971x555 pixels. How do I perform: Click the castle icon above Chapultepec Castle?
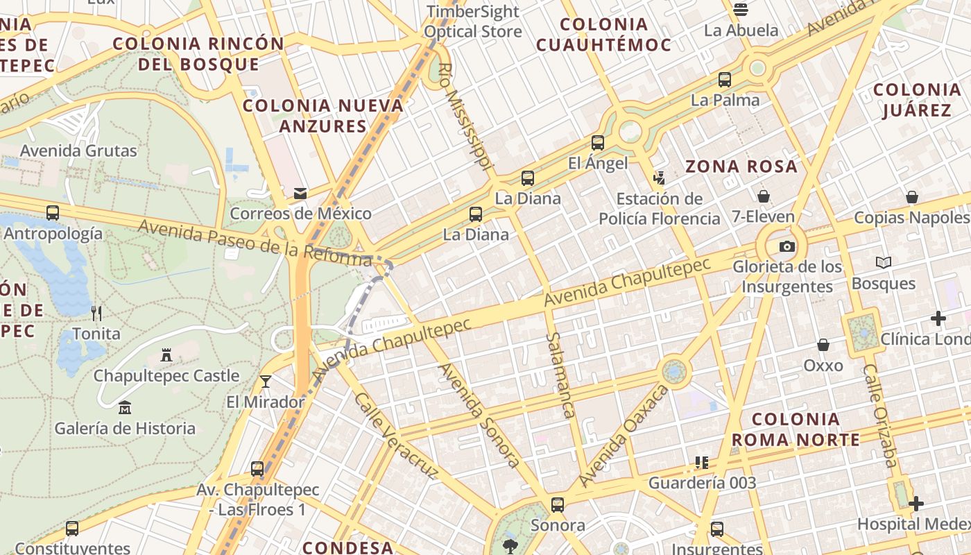click(x=166, y=355)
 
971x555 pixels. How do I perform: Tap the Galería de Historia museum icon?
click(x=125, y=407)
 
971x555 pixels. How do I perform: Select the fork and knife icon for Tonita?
click(x=96, y=314)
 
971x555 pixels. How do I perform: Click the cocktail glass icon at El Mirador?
click(x=265, y=381)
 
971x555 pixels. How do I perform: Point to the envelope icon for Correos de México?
click(x=300, y=193)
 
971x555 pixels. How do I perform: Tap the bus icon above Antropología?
click(x=53, y=212)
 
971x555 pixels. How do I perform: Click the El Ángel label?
click(x=597, y=163)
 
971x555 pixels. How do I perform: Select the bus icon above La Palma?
click(x=725, y=80)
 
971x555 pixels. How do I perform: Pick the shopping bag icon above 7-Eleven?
click(x=764, y=196)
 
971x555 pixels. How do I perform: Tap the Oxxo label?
click(x=823, y=365)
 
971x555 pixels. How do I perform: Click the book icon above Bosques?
click(x=884, y=262)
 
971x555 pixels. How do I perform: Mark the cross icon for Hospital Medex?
click(x=916, y=504)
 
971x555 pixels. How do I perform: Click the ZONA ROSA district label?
click(x=741, y=166)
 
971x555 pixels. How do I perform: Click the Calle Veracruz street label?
click(x=396, y=436)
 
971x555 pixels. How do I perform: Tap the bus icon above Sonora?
click(x=558, y=504)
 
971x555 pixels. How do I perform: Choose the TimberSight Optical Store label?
click(x=473, y=22)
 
